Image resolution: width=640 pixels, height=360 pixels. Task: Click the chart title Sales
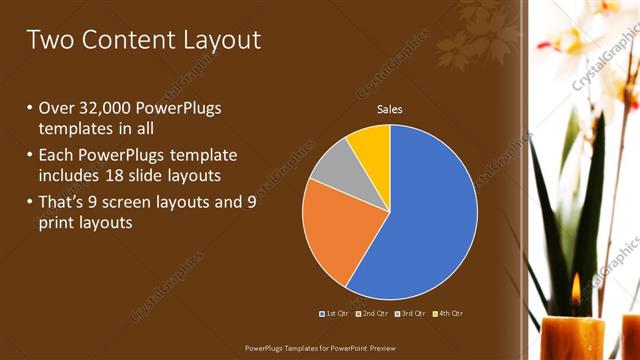[x=389, y=109]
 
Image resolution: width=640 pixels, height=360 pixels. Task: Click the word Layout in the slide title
[x=221, y=40]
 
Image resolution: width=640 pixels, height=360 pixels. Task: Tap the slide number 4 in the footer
[x=590, y=348]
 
